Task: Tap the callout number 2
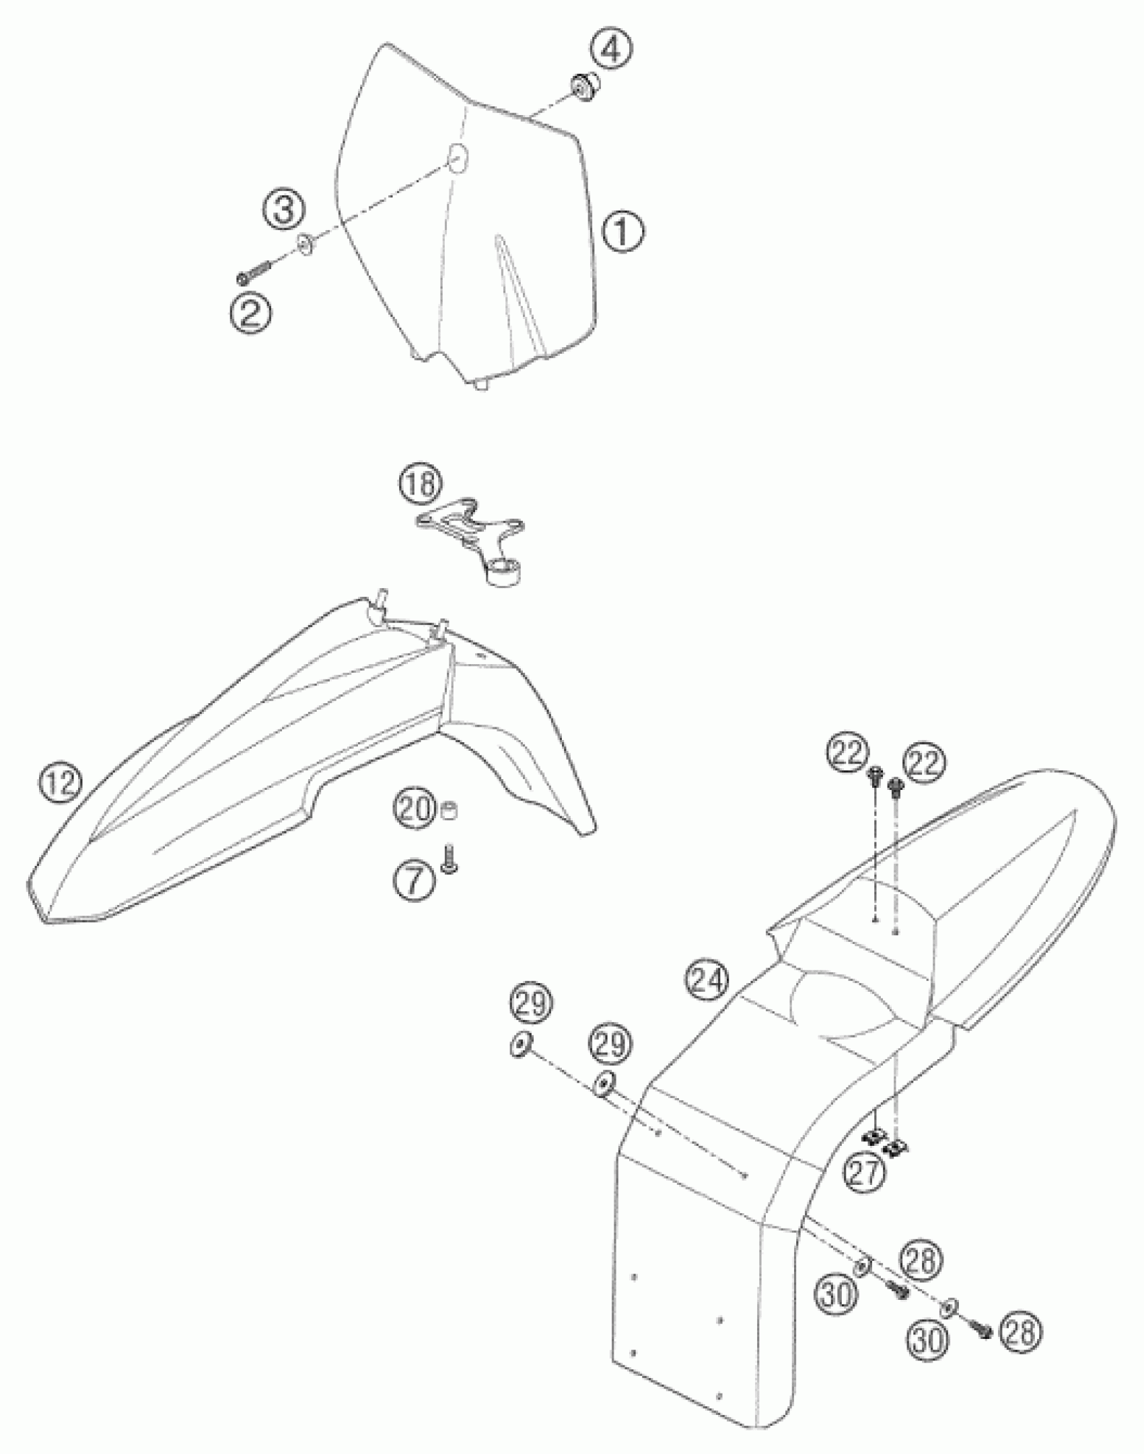tap(250, 314)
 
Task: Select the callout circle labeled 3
tap(283, 212)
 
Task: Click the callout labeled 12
tap(60, 784)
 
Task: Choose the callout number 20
tap(413, 809)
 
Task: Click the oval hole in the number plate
tap(458, 157)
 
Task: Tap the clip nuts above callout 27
tap(884, 1141)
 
